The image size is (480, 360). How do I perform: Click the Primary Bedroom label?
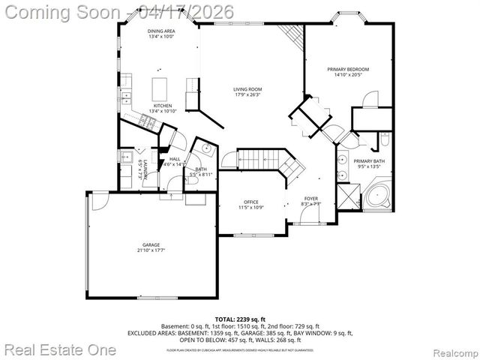click(x=348, y=70)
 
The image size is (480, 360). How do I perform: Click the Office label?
click(x=250, y=202)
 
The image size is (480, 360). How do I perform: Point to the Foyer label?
click(x=310, y=199)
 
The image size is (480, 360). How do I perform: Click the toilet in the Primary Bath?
click(x=384, y=140)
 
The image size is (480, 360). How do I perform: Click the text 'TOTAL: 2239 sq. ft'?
click(x=241, y=319)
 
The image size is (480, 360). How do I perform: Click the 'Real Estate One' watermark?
click(x=60, y=349)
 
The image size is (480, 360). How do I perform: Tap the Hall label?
click(x=175, y=159)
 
